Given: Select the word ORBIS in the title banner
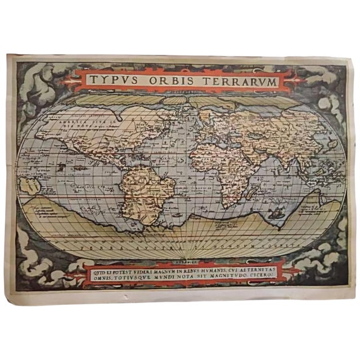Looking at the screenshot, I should click(172, 80).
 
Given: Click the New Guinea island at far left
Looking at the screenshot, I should click(28, 184).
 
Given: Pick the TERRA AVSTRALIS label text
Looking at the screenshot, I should click(118, 246).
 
